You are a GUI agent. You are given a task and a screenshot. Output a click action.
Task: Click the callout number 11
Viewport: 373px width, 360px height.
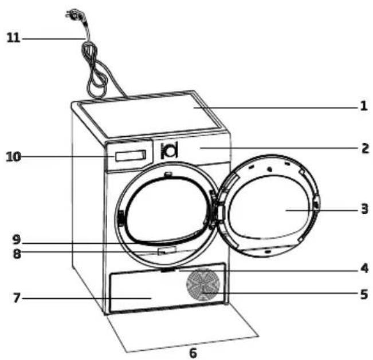pyautogui.click(x=13, y=38)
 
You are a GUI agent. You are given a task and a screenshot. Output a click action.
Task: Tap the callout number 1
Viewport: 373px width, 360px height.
pyautogui.click(x=364, y=106)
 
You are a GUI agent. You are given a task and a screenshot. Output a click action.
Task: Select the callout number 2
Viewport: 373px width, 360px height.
pyautogui.click(x=365, y=148)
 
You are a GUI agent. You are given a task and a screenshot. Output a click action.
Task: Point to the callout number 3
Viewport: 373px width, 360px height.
pyautogui.click(x=364, y=209)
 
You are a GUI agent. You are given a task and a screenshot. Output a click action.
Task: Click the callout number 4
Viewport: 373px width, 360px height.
pyautogui.click(x=364, y=268)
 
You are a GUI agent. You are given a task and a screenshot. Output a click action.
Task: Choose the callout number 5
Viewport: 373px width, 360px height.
pyautogui.click(x=364, y=294)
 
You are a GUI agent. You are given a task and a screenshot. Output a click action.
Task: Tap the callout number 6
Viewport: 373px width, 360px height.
pyautogui.click(x=193, y=353)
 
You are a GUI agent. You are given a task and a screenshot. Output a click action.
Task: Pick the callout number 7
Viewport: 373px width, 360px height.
pyautogui.click(x=17, y=298)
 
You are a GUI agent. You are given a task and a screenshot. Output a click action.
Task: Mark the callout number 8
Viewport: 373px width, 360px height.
pyautogui.click(x=17, y=254)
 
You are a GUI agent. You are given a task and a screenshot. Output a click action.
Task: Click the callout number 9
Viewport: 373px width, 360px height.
pyautogui.click(x=17, y=240)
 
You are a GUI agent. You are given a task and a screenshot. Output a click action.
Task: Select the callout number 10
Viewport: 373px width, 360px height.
pyautogui.click(x=14, y=157)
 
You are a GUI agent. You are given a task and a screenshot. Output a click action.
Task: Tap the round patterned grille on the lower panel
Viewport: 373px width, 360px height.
pyautogui.click(x=202, y=284)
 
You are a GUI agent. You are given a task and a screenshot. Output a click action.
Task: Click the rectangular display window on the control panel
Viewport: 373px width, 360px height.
pyautogui.click(x=131, y=156)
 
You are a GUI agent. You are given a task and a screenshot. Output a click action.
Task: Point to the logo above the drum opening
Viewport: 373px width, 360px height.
pyautogui.click(x=170, y=151)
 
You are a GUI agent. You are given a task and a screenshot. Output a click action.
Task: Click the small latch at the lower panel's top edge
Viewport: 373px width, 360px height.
pyautogui.click(x=168, y=270)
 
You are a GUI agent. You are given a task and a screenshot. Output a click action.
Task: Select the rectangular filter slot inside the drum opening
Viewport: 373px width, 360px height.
pyautogui.click(x=167, y=251)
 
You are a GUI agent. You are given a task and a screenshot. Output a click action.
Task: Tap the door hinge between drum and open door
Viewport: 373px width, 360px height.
pyautogui.click(x=215, y=208)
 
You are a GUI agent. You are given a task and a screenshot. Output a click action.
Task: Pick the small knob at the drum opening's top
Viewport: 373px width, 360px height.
pyautogui.click(x=168, y=174)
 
